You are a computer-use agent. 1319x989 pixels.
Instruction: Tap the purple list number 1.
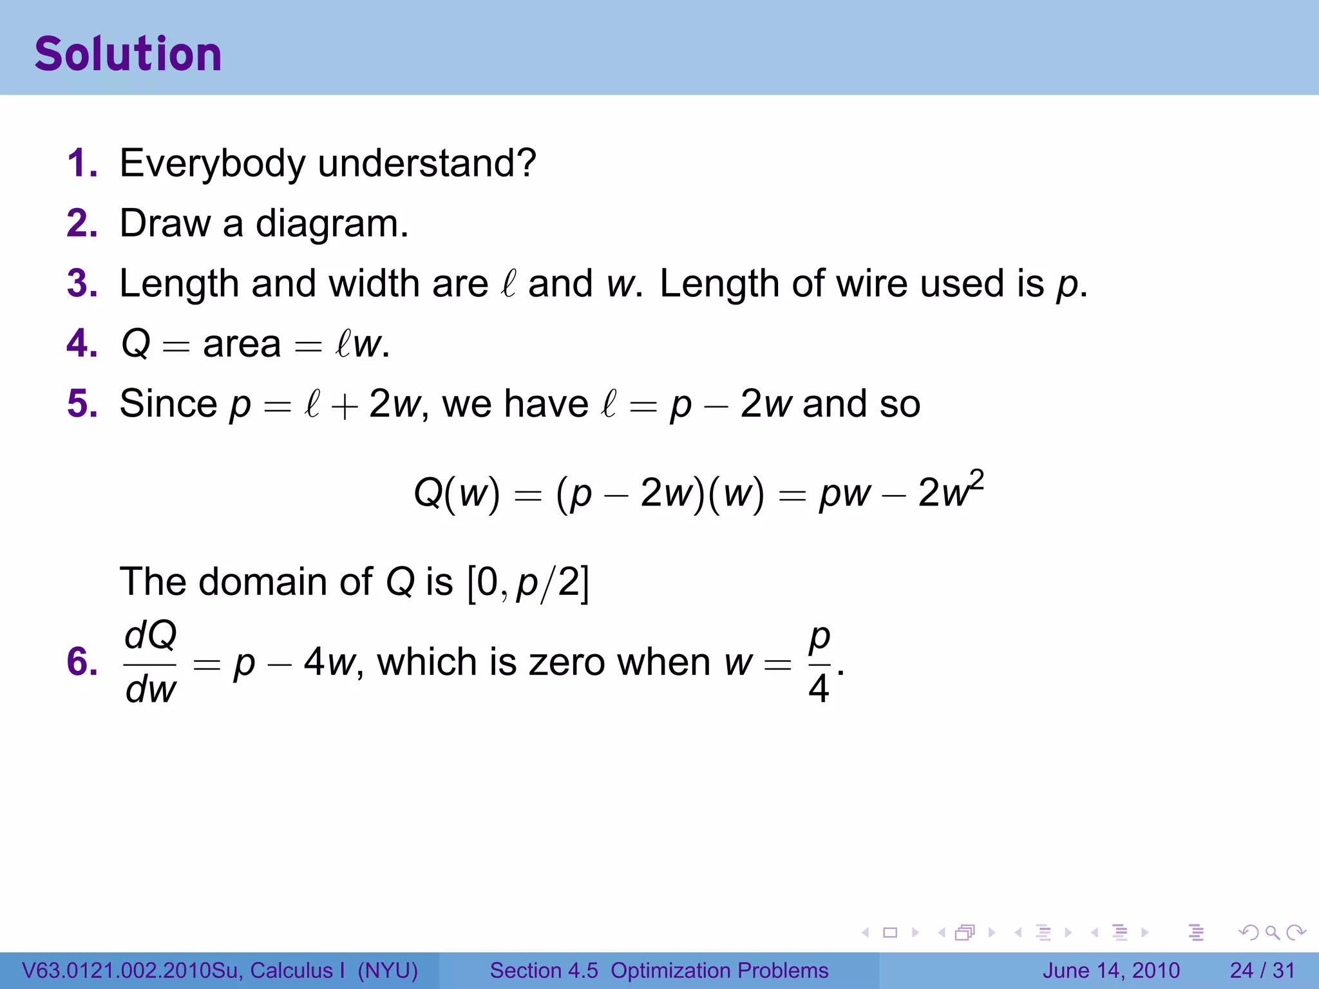coord(81,163)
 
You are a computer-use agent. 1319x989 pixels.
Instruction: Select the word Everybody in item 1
coord(213,164)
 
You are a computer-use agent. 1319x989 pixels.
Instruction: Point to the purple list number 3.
coord(81,284)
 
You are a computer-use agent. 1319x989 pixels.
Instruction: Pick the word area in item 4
coord(242,344)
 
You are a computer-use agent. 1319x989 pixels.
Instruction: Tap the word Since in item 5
coord(168,404)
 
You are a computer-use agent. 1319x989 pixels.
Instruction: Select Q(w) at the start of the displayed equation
coord(457,494)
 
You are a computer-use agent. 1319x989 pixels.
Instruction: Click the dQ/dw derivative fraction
coord(151,663)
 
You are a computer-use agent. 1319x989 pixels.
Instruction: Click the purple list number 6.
coord(81,663)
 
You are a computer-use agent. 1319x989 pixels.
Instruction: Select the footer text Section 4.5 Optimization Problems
coord(659,970)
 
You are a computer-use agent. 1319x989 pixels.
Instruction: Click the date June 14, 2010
coord(1111,970)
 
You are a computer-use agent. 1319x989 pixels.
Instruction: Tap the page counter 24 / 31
coord(1262,970)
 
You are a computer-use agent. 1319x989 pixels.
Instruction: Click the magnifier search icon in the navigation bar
coord(1272,932)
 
